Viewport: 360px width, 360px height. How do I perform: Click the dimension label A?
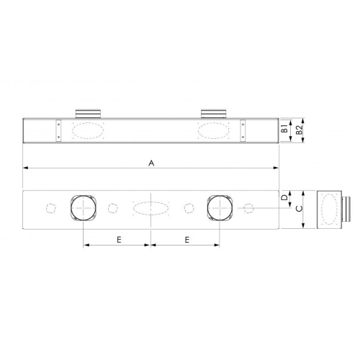[151, 163]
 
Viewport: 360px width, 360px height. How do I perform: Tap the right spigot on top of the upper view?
[213, 112]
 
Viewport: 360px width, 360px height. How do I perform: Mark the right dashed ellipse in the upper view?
[214, 130]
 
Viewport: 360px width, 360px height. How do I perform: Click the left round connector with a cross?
[84, 209]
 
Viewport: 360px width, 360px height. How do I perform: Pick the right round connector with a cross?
[219, 209]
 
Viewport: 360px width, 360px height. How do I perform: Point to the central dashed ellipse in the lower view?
[150, 209]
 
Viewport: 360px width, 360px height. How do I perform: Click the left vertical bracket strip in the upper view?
[58, 130]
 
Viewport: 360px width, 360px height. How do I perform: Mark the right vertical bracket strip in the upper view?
[243, 130]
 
